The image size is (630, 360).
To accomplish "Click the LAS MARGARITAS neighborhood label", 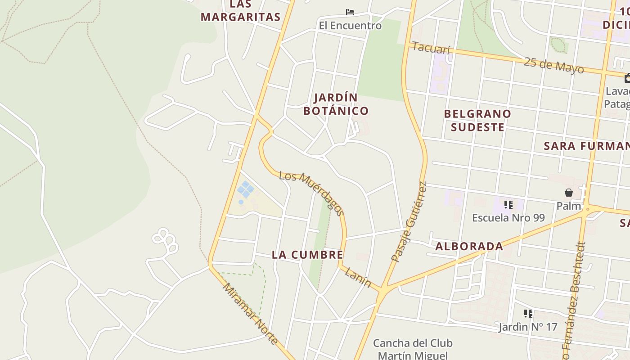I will [x=240, y=11].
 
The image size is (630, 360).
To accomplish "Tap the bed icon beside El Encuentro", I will [x=350, y=12].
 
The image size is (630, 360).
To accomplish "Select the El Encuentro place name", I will [x=350, y=26].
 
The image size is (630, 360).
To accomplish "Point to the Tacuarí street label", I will [x=431, y=48].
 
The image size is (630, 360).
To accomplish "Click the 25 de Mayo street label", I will [x=554, y=65].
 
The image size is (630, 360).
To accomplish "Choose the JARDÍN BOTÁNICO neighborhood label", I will [x=336, y=104].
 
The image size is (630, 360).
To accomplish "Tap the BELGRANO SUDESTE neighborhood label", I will [x=477, y=120].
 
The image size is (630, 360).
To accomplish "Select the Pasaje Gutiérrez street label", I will [x=409, y=222].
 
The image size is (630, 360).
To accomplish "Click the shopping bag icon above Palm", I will [x=569, y=193].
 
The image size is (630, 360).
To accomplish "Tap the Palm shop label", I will [x=569, y=206].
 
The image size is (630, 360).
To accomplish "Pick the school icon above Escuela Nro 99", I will [x=508, y=205].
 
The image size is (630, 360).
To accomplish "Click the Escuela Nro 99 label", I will [x=508, y=218].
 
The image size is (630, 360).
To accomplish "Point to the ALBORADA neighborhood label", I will [x=469, y=246].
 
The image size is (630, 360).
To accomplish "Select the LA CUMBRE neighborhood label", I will [x=307, y=255].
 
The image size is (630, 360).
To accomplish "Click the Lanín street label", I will [x=358, y=278].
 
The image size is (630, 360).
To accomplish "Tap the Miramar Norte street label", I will [x=250, y=314].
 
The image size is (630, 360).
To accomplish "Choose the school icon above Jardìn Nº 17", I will [x=528, y=313].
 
